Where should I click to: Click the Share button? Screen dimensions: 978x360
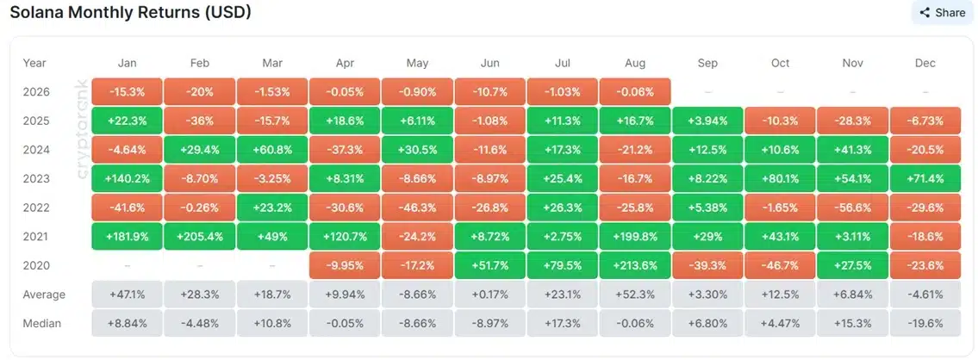[943, 12]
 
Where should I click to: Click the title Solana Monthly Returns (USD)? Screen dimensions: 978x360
[130, 12]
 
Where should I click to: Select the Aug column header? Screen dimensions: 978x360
[635, 63]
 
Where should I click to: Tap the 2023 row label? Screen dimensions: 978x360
[35, 179]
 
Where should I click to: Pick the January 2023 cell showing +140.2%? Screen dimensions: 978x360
[128, 179]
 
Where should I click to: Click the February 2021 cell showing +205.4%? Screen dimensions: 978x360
[200, 237]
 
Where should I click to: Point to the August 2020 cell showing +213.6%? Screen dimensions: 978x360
[635, 265]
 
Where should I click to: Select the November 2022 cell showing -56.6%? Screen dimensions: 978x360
[853, 208]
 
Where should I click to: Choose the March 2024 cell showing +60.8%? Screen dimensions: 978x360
[272, 150]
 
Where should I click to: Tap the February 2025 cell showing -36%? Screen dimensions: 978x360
[200, 121]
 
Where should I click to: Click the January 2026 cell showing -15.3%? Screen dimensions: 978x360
[128, 91]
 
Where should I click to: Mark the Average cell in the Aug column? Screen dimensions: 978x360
[635, 295]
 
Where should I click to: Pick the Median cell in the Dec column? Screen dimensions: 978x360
[925, 323]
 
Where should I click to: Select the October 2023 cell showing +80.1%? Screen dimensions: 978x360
[781, 179]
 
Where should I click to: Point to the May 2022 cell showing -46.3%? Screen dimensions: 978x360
[417, 208]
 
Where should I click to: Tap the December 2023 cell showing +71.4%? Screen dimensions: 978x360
[925, 179]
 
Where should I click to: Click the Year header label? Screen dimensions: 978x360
[34, 63]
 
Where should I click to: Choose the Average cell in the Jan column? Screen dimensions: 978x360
[128, 295]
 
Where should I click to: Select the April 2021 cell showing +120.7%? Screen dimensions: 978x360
[345, 237]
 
